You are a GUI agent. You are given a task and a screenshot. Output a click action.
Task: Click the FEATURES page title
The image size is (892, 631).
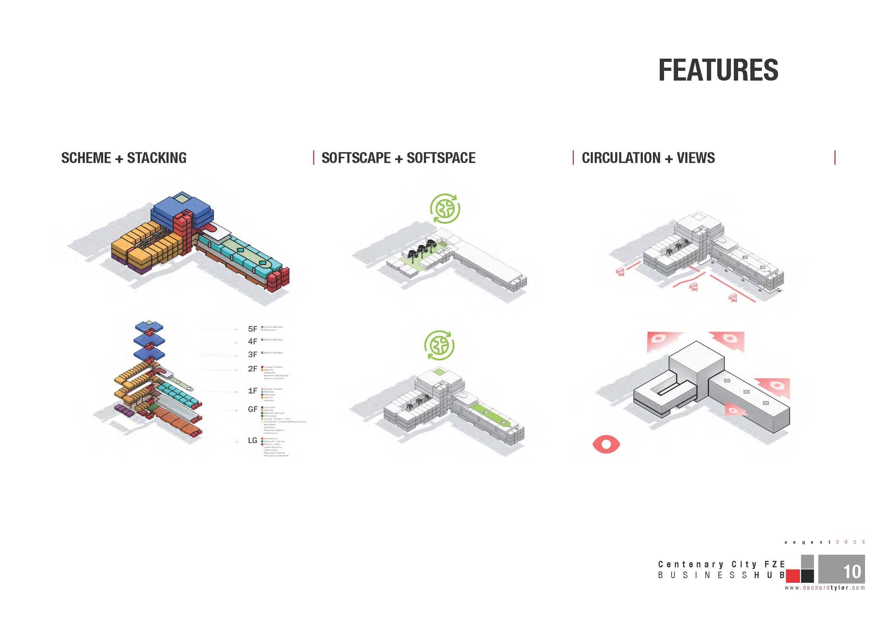point(718,71)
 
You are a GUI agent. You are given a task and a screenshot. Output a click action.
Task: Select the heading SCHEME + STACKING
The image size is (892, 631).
point(124,158)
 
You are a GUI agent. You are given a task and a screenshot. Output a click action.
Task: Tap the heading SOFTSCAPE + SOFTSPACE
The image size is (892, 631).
point(398,158)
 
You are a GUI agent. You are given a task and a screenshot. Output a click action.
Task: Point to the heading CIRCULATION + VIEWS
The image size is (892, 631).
point(648,158)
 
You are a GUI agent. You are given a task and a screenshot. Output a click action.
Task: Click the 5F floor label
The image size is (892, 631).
point(252,329)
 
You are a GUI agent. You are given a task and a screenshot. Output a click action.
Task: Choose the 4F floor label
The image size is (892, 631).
point(252,341)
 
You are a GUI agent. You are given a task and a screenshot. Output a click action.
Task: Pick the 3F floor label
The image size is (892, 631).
point(252,354)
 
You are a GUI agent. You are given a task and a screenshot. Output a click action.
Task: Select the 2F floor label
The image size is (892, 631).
point(252,369)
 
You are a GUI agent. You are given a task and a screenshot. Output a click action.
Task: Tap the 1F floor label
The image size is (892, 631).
point(252,391)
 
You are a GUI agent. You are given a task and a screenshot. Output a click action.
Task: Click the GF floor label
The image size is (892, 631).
point(252,409)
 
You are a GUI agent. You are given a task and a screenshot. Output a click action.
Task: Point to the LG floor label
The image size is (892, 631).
point(252,440)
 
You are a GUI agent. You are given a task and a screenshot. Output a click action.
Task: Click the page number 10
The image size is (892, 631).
point(852,572)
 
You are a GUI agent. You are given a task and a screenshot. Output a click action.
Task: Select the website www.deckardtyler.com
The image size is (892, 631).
point(824,588)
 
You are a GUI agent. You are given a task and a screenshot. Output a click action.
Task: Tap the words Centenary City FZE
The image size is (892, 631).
point(722,564)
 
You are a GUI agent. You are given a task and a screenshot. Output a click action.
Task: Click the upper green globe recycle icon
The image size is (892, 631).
point(445,209)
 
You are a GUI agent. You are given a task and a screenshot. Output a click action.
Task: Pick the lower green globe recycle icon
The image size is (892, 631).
point(439,345)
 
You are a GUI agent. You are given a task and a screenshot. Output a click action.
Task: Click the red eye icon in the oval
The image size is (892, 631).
point(606,444)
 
